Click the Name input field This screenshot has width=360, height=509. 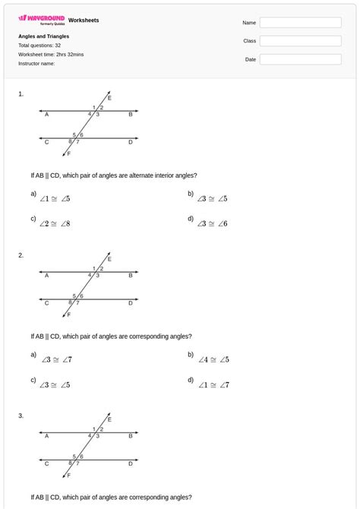[x=301, y=23]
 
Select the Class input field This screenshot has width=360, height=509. [x=301, y=41]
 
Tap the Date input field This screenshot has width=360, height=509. [x=301, y=59]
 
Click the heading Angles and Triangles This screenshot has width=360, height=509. [x=44, y=36]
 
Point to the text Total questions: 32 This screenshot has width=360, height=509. [x=39, y=46]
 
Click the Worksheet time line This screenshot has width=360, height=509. [x=50, y=55]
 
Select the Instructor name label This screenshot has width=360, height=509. [x=36, y=64]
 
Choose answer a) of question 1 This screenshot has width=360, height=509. [x=55, y=199]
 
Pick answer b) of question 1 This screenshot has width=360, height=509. [x=212, y=199]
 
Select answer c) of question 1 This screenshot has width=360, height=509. [x=55, y=224]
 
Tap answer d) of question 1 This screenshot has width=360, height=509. [x=212, y=224]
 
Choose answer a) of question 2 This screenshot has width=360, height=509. [x=56, y=359]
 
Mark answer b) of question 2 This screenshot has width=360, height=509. [x=213, y=359]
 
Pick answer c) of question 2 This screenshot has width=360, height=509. [x=55, y=385]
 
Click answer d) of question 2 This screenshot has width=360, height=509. [x=213, y=385]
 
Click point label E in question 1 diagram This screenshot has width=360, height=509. [x=109, y=98]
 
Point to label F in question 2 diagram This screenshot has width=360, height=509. [x=68, y=315]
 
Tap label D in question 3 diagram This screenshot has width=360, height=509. [x=130, y=463]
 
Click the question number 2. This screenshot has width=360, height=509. [x=21, y=255]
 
